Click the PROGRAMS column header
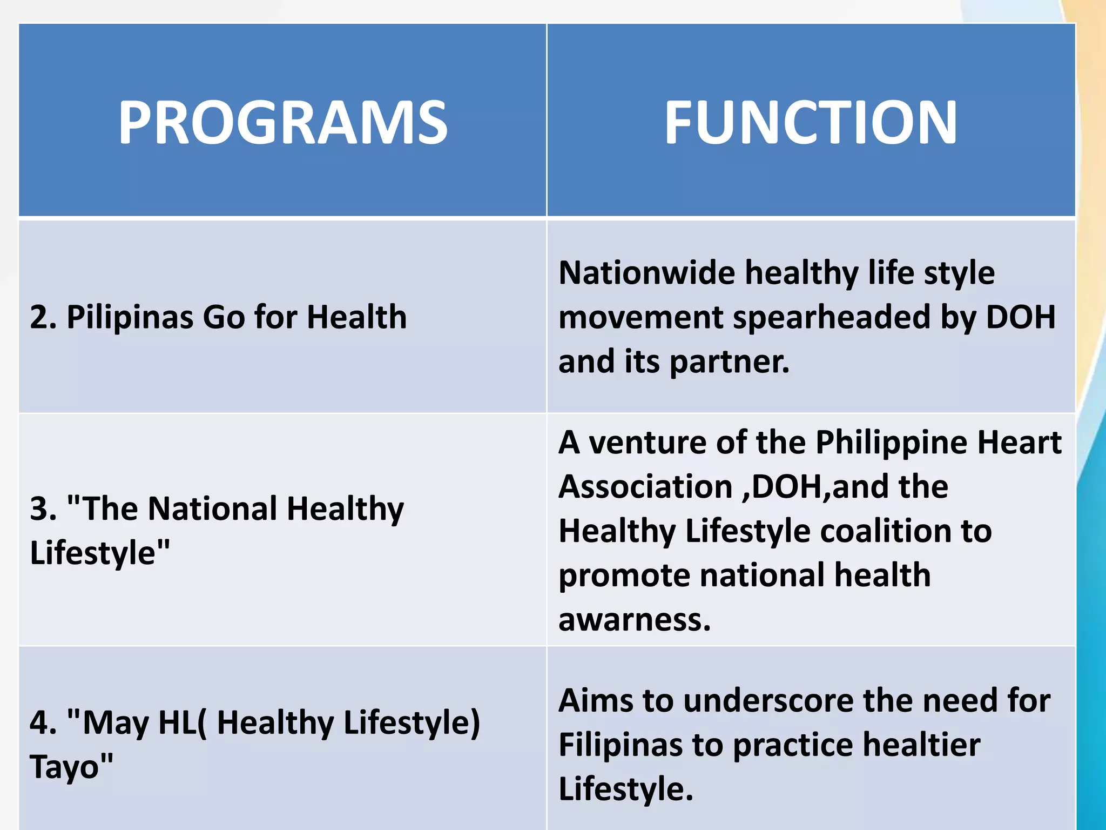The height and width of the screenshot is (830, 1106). click(283, 123)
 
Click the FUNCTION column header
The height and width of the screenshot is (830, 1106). click(811, 123)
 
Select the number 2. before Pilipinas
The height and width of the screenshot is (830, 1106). click(43, 317)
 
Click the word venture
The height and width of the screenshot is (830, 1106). click(648, 443)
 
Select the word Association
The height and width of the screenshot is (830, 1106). click(645, 486)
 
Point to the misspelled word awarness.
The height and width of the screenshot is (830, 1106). click(635, 619)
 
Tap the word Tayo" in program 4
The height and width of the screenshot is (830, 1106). click(71, 767)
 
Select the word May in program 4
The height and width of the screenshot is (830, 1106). click(115, 723)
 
